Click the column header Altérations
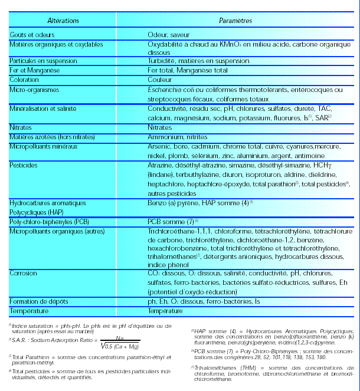pos(62,20)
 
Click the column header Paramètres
pos(235,20)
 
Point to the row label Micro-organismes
pos(37,90)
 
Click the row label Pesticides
pos(24,167)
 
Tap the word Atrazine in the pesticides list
pos(160,167)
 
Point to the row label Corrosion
pos(24,274)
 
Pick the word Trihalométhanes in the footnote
pos(219,367)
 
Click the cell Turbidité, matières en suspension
pos(198,61)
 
